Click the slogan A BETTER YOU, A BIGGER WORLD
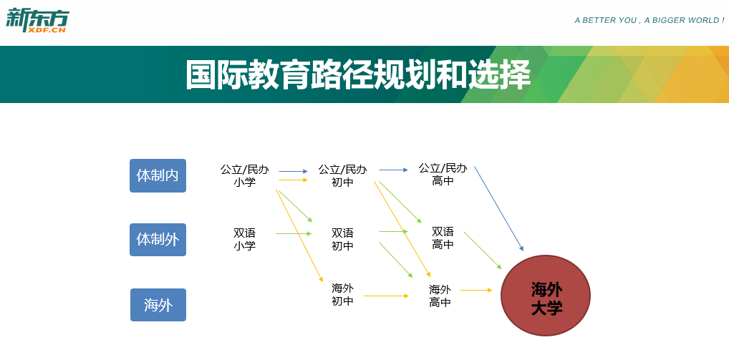coord(650,21)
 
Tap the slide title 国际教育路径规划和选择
coord(358,74)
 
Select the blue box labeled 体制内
coord(158,175)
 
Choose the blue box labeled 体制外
coord(158,240)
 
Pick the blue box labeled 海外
coord(158,305)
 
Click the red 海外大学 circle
coord(546,296)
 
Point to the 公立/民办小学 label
coord(244,175)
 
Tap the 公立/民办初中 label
coord(342,175)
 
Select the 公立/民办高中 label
coord(443,175)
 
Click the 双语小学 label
coord(244,239)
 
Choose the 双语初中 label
coord(342,239)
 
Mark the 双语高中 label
coord(443,238)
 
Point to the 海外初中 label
coord(342,294)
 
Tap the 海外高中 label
coord(440,296)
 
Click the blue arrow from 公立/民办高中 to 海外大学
coord(499,208)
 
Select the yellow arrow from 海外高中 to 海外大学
coord(476,291)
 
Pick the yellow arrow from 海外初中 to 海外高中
coord(386,296)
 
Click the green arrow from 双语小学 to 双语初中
coord(294,233)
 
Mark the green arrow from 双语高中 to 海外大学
coord(483,250)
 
